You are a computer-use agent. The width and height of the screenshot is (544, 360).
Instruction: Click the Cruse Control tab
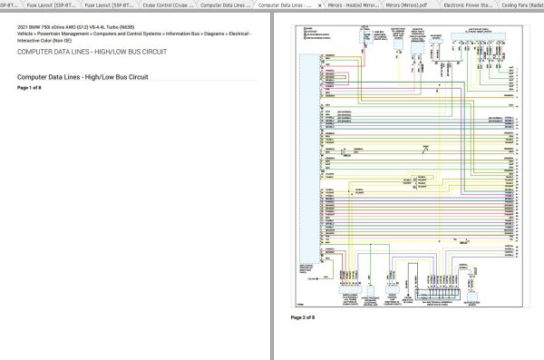[168, 5]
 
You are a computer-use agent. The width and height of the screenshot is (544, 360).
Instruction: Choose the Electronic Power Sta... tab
[469, 5]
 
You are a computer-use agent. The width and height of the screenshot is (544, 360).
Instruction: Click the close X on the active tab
[320, 5]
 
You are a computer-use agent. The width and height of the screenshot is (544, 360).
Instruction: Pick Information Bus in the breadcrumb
[181, 34]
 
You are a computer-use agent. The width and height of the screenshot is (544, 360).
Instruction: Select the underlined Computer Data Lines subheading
[83, 77]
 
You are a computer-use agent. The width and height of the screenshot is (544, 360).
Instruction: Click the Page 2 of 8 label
[302, 317]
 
